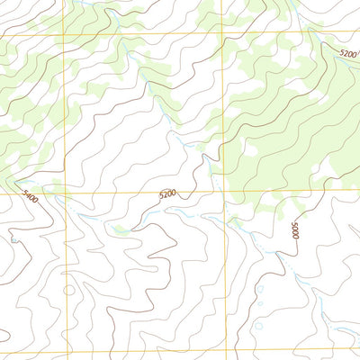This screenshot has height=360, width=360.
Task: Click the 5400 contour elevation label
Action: tap(31, 195)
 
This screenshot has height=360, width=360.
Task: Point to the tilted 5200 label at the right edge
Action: tap(347, 54)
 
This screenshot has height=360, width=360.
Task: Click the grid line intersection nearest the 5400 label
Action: tap(65, 193)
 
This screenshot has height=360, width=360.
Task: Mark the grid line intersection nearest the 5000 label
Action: tap(222, 193)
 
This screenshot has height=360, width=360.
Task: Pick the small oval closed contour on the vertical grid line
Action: tap(69, 290)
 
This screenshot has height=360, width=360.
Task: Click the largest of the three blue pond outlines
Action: tap(258, 289)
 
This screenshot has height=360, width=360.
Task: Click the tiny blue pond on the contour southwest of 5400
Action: tap(13, 240)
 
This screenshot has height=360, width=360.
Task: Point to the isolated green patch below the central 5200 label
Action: tap(117, 229)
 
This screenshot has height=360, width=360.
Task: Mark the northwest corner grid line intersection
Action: tap(64, 34)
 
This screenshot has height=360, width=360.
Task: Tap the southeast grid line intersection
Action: tap(224, 352)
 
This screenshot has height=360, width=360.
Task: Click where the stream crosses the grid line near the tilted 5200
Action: tap(317, 34)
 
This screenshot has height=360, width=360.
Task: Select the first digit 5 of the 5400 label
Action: tap(24, 192)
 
